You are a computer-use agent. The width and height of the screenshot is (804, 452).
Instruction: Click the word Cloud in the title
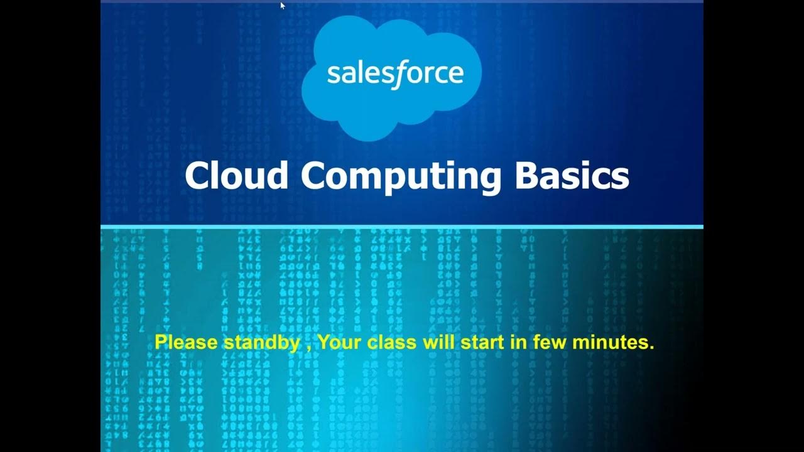[x=236, y=175]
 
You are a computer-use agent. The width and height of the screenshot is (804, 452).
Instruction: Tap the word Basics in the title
[x=572, y=175]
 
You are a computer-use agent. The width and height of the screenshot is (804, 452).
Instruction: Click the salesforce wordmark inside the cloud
[x=395, y=74]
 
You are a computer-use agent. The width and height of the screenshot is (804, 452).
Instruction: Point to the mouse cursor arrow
[x=283, y=6]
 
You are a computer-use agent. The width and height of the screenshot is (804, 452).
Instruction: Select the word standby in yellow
[x=261, y=343]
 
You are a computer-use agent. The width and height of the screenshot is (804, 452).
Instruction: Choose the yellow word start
[x=481, y=343]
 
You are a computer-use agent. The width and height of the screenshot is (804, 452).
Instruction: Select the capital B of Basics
[x=526, y=175]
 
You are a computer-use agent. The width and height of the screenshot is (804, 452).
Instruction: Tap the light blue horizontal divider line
[x=402, y=227]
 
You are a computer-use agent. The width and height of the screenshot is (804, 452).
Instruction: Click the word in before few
[x=519, y=343]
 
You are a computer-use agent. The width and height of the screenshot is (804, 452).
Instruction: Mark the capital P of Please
[x=160, y=343]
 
